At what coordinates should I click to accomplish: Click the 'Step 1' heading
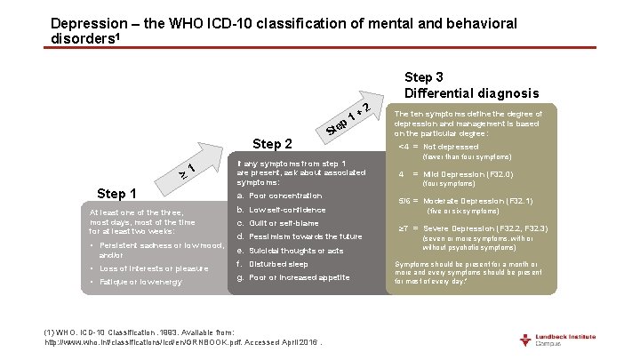click(x=116, y=194)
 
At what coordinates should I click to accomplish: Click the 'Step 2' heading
click(x=273, y=144)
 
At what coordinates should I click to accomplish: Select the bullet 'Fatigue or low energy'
click(x=136, y=282)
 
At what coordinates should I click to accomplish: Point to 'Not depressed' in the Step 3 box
click(x=451, y=147)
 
